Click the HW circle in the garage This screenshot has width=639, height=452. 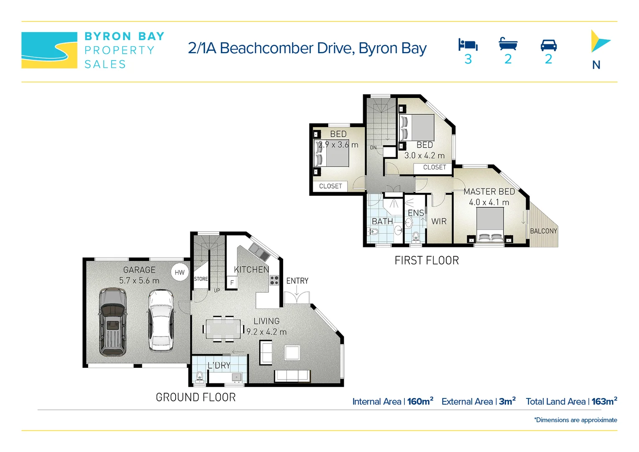[x=180, y=272]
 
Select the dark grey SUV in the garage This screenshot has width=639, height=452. [x=112, y=321]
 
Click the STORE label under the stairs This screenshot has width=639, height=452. [x=201, y=279]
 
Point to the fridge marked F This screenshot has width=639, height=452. [x=232, y=282]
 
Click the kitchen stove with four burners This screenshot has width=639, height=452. [x=274, y=280]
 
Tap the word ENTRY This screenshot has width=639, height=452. [x=297, y=281]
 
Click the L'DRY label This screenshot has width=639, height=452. [x=219, y=365]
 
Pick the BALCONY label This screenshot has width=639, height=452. [x=543, y=231]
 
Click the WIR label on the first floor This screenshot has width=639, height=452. [x=439, y=221]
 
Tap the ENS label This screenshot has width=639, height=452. [x=416, y=213]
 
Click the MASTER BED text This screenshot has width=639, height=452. [x=489, y=192]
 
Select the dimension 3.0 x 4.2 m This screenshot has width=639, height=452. [x=424, y=155]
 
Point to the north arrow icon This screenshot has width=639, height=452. [x=598, y=41]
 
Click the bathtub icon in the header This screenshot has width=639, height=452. [x=508, y=44]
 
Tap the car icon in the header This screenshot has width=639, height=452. [x=548, y=45]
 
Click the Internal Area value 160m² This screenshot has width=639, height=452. [x=420, y=401]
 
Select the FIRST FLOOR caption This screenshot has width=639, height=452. [x=427, y=260]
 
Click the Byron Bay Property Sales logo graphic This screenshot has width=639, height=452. [x=49, y=50]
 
